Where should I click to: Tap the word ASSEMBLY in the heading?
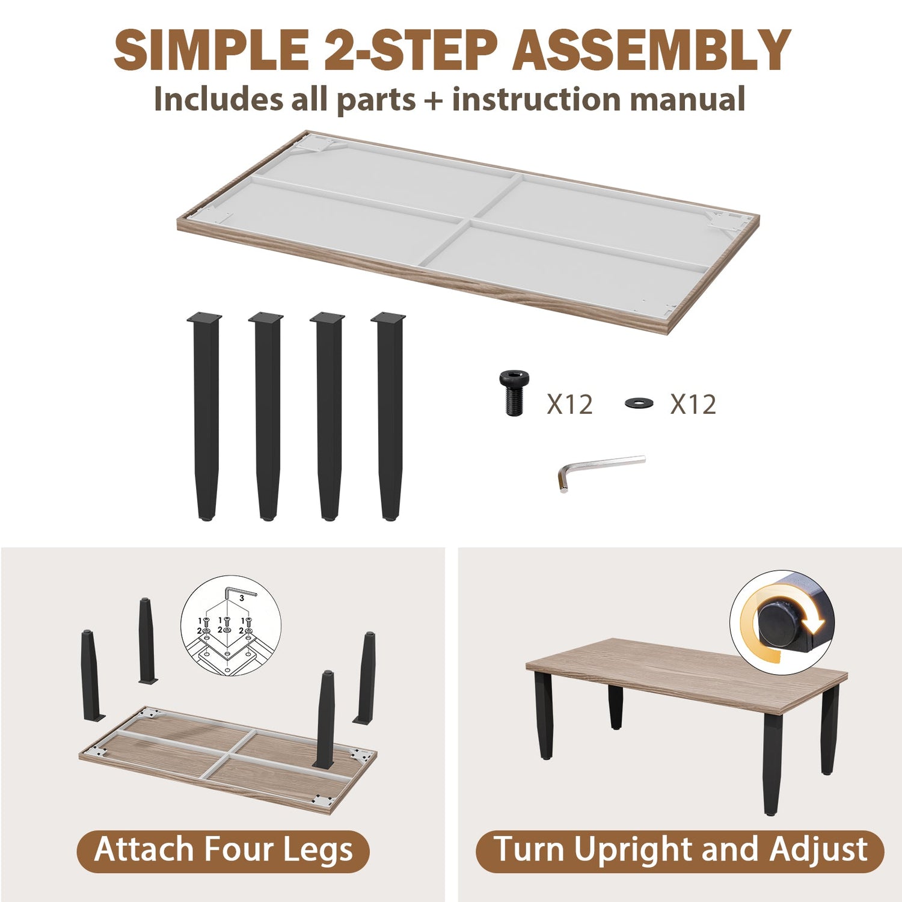pyautogui.click(x=651, y=50)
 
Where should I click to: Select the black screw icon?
pyautogui.click(x=512, y=393)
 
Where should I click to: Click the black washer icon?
pyautogui.click(x=640, y=402)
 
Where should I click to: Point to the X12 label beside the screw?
pyautogui.click(x=569, y=404)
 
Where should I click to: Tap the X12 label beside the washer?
pyautogui.click(x=693, y=404)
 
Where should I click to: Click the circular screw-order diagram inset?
pyautogui.click(x=231, y=625)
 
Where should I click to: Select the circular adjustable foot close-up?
pyautogui.click(x=781, y=621)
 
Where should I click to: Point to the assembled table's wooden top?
pyautogui.click(x=687, y=677)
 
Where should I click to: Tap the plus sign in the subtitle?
pyautogui.click(x=433, y=99)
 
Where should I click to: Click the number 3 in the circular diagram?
pyautogui.click(x=241, y=598)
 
